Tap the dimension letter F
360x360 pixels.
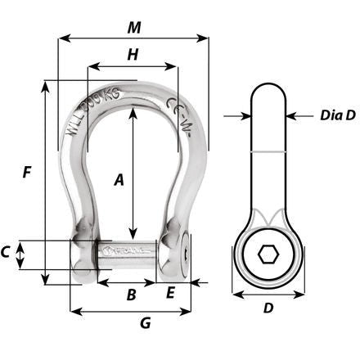tap(27, 173)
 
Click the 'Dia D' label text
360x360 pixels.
tap(337, 115)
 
